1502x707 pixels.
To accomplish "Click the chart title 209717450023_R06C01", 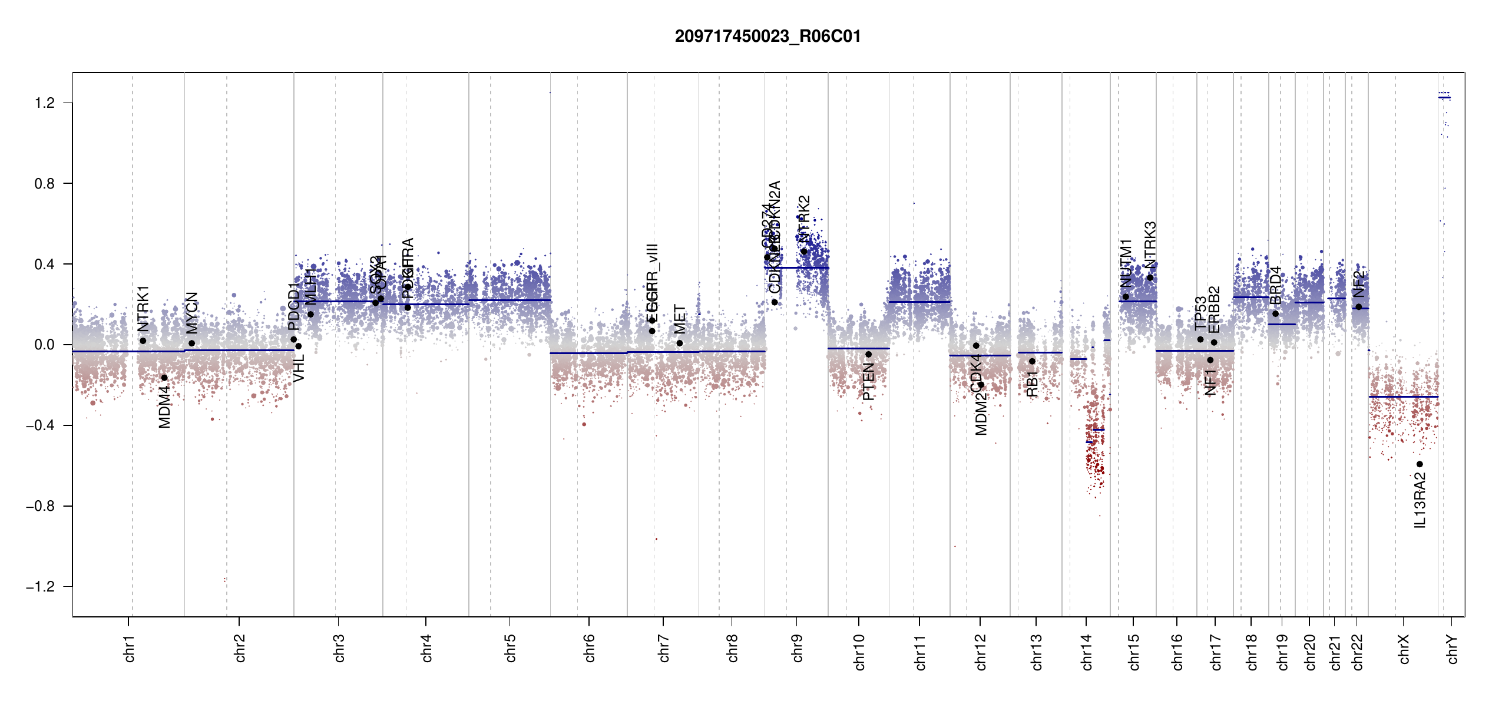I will pos(767,37).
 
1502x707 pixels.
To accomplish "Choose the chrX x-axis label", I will pos(1404,649).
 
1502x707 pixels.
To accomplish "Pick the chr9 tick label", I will pos(797,649).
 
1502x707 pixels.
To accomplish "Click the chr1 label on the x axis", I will pos(129,649).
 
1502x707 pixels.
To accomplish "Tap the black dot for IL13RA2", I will pos(1420,464).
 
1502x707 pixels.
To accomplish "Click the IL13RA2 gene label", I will pos(1420,500).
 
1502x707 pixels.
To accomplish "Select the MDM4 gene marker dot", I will pos(164,378).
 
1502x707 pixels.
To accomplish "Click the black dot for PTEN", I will pos(868,354).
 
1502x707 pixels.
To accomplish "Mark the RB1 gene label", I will pos(1032,384).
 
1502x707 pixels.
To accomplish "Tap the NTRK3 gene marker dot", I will pos(1150,277).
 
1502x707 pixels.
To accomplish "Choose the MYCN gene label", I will pos(192,312).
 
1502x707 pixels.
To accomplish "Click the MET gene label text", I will pos(680,319).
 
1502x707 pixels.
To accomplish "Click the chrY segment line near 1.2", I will pos(1444,98).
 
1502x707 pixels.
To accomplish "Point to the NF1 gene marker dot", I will pos(1210,360).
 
